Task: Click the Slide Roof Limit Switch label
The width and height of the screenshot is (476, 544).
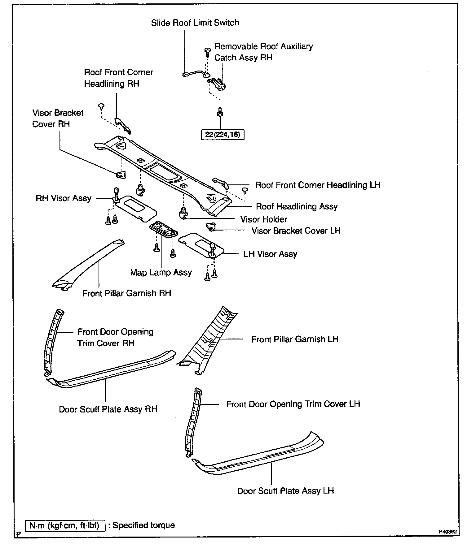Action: pos(195,23)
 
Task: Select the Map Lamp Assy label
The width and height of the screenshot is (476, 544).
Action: pos(161,273)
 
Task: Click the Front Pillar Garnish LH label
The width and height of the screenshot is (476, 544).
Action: pos(295,339)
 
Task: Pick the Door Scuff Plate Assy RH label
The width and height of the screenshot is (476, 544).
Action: pos(108,409)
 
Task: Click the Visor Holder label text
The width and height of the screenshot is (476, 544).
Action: pos(264,220)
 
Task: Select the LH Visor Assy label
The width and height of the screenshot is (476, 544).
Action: pos(270,254)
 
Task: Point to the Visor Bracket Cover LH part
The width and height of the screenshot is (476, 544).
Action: pos(211,227)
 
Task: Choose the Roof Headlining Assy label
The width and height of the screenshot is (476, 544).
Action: pos(297,207)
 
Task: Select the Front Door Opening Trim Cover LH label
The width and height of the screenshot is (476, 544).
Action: pos(293,404)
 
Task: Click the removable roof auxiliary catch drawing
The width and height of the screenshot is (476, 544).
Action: pos(218,84)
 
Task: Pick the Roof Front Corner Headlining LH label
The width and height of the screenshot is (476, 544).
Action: pos(318,185)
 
